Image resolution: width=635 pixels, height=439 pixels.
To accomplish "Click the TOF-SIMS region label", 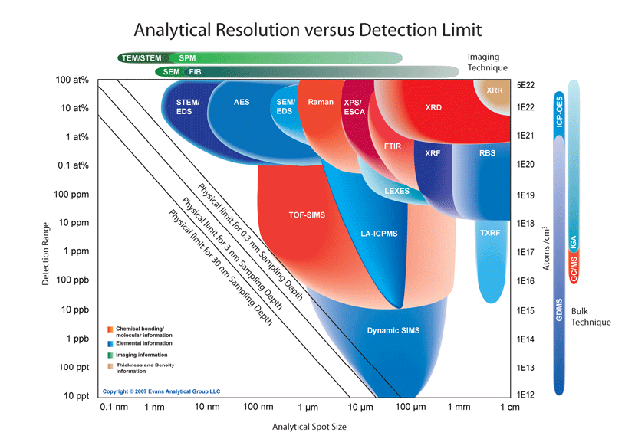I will click(306, 215).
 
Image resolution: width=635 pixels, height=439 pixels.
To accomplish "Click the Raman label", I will click(319, 102).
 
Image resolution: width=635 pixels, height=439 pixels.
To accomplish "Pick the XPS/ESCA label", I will click(355, 106).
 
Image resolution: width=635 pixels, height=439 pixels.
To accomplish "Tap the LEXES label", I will click(396, 191).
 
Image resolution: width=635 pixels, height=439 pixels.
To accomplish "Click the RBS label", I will click(487, 154).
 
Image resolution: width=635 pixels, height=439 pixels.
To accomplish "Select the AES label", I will click(241, 101).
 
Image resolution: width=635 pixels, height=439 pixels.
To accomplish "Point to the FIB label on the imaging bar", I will click(196, 72).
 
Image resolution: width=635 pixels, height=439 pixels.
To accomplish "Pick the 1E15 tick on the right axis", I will click(527, 310).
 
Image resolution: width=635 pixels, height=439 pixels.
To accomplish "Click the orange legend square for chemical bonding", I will click(110, 329).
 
